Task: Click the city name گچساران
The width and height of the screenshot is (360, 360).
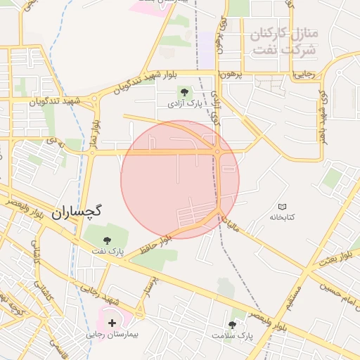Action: click(x=77, y=210)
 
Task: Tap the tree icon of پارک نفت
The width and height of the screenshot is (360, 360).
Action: click(x=107, y=240)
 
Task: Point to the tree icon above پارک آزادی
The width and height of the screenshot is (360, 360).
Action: click(x=184, y=91)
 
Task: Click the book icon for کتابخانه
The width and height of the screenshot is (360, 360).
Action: click(x=283, y=207)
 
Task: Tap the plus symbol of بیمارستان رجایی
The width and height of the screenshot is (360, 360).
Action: click(x=111, y=323)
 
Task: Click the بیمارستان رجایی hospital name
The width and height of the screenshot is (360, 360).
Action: click(x=110, y=334)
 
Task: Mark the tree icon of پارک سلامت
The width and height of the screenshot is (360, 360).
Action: click(x=232, y=324)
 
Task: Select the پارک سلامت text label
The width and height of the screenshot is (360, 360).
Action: click(x=232, y=335)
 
